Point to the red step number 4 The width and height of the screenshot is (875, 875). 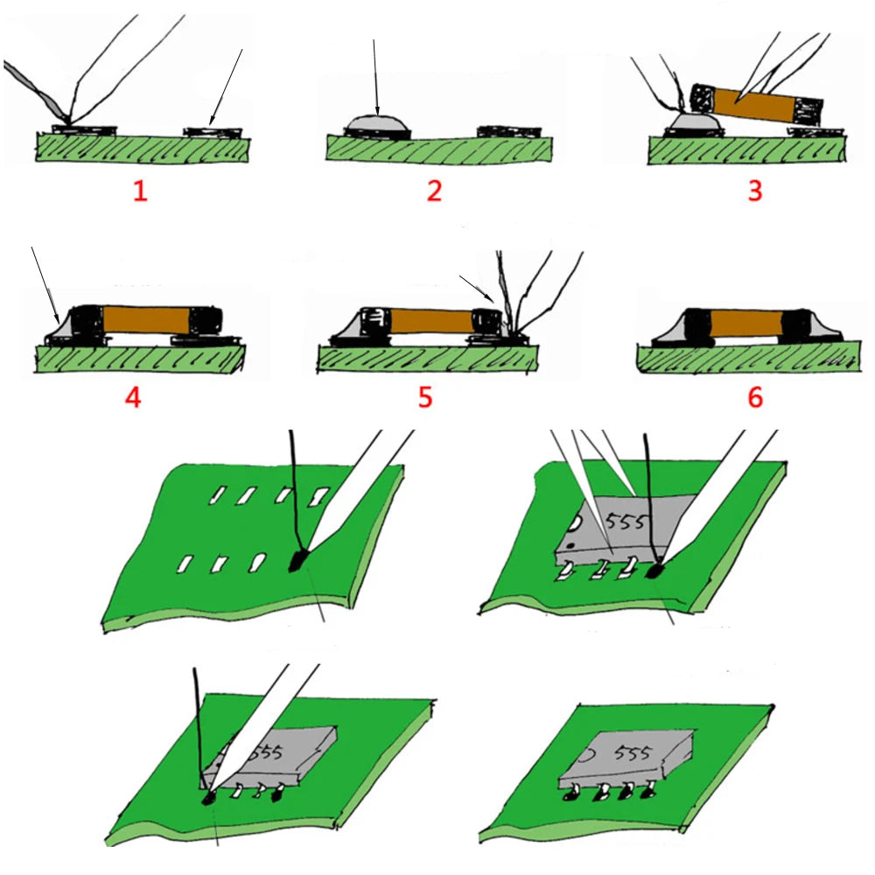[x=133, y=397]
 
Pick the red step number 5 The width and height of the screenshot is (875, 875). [x=425, y=397]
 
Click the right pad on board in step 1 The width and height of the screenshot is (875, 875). [x=213, y=132]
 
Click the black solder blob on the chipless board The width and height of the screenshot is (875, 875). [x=298, y=560]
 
